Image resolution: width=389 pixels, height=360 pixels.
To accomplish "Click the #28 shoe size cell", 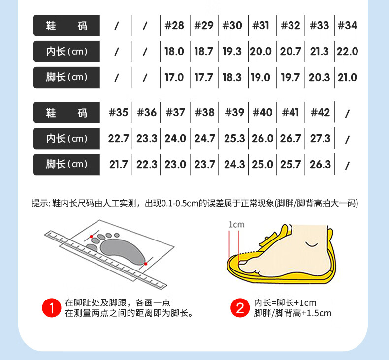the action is pyautogui.click(x=174, y=25).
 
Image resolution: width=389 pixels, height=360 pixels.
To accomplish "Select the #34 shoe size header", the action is pyautogui.click(x=347, y=25).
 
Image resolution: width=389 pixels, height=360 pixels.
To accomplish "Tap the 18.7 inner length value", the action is pyautogui.click(x=203, y=52).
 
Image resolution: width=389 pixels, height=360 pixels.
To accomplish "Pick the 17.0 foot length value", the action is pyautogui.click(x=174, y=77).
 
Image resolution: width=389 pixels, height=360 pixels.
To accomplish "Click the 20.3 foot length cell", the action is pyautogui.click(x=319, y=77).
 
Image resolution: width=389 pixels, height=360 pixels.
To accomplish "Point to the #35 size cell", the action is pyautogui.click(x=118, y=113).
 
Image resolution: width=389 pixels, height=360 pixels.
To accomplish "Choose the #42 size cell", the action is pyautogui.click(x=320, y=113).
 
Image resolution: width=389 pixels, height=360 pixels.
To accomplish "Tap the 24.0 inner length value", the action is pyautogui.click(x=175, y=139).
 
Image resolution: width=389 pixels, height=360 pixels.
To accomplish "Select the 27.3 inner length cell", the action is pyautogui.click(x=320, y=139).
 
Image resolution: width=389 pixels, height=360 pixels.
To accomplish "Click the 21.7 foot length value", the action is pyautogui.click(x=118, y=165).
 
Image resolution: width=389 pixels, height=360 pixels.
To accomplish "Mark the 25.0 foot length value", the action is pyautogui.click(x=262, y=165).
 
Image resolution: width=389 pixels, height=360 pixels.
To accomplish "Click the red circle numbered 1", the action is pyautogui.click(x=52, y=308).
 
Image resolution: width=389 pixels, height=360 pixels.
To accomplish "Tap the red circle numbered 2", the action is pyautogui.click(x=240, y=308).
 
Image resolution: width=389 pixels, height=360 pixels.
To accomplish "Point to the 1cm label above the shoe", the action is pyautogui.click(x=236, y=224).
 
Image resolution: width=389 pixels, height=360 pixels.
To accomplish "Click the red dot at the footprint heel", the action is pyautogui.click(x=146, y=264).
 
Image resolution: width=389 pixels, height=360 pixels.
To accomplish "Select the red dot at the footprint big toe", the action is pyautogui.click(x=91, y=237).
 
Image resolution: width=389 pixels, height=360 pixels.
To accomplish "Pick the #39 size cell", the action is pyautogui.click(x=234, y=113).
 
